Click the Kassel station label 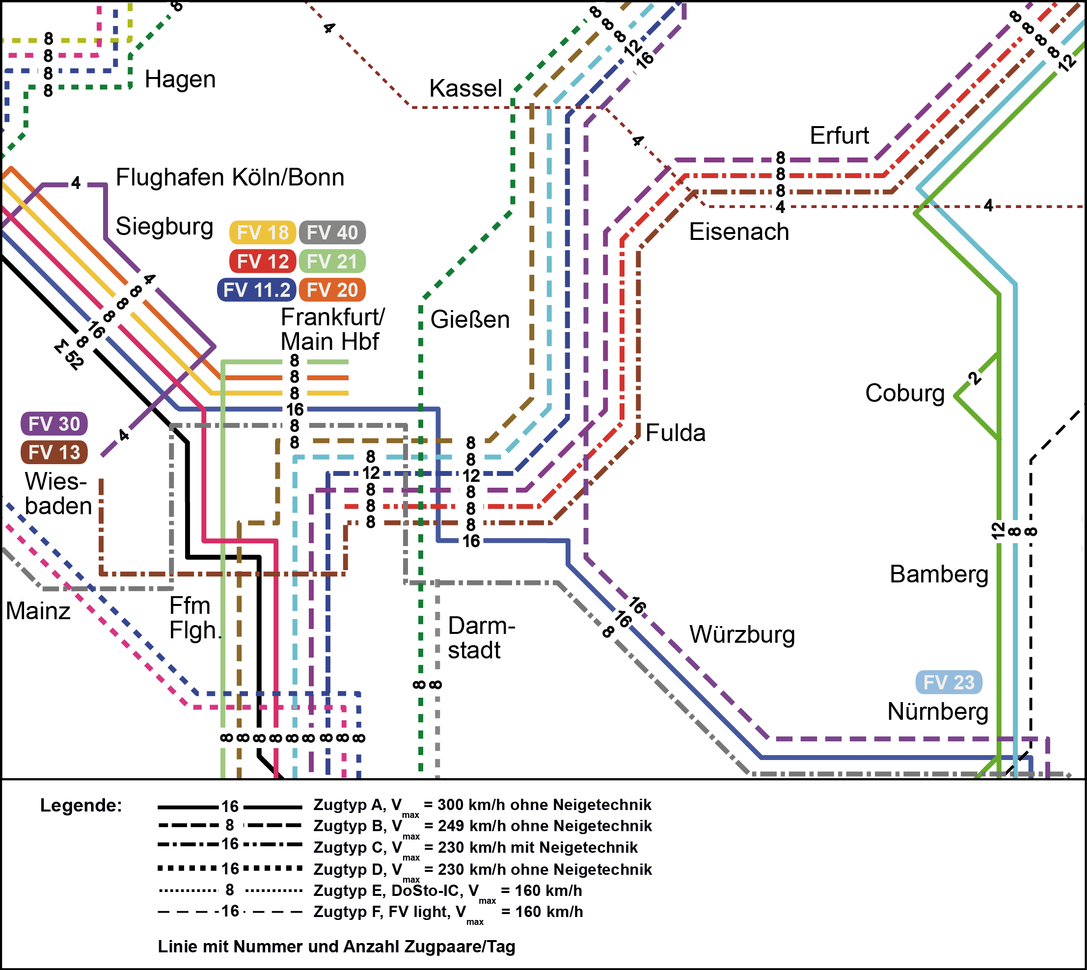465,88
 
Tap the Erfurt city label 839,136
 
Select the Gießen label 470,320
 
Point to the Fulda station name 675,433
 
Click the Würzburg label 742,635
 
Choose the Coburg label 904,393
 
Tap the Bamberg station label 939,575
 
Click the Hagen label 180,79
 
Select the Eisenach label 739,233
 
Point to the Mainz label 38,611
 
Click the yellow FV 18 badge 262,233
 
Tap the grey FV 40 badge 332,233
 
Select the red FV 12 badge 262,262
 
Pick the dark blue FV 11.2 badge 257,290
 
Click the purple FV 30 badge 54,424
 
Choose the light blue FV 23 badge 949,682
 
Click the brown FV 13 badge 54,452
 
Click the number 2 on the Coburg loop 975,378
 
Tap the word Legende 81,805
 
